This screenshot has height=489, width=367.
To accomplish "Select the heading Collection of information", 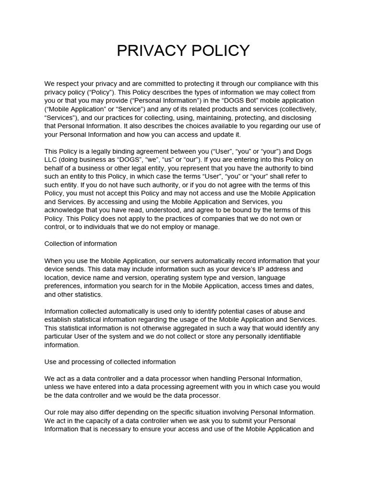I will tap(81, 244).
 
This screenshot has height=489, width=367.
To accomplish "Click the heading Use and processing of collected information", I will tap(110, 362).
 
